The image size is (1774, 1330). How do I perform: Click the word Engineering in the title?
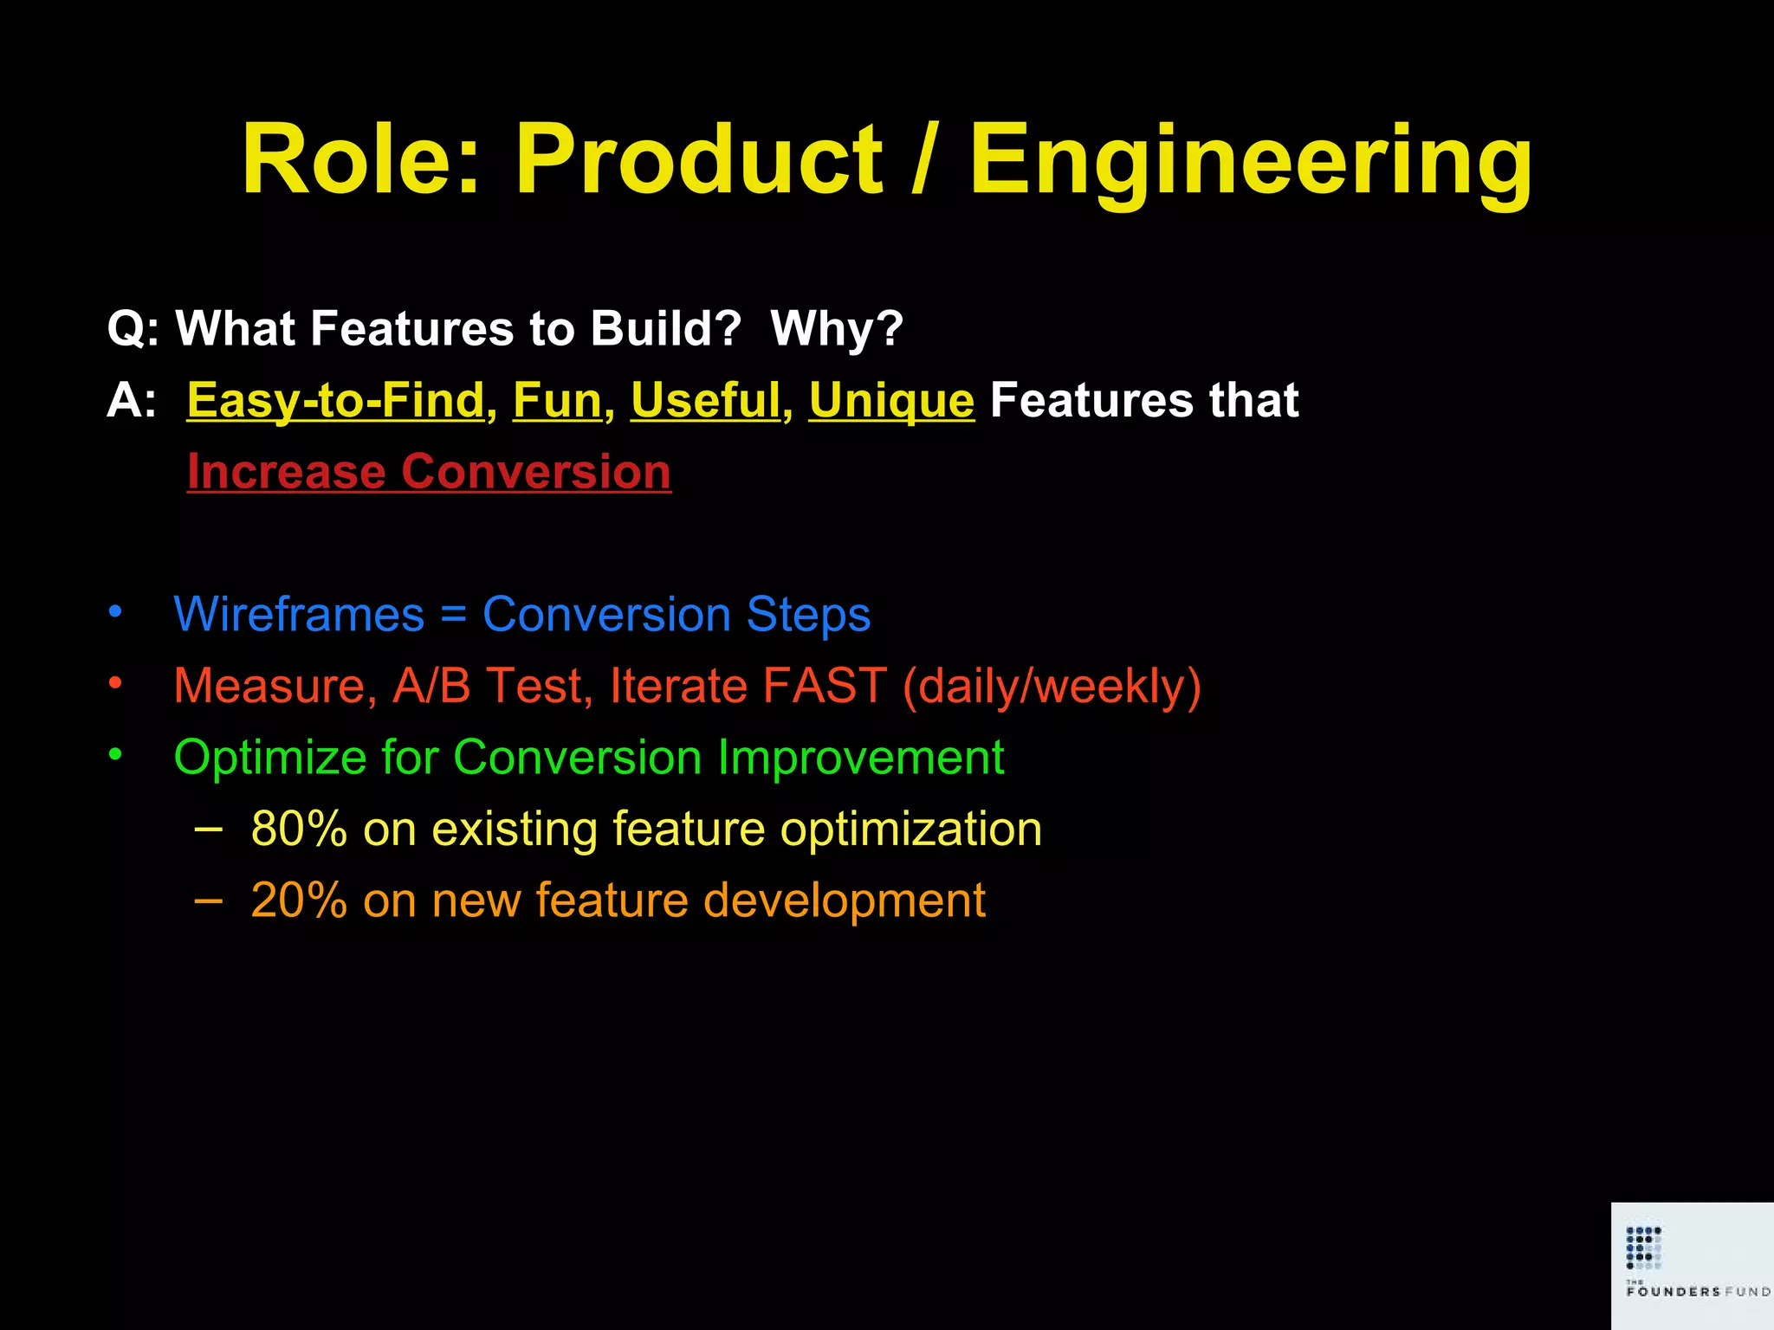1250,160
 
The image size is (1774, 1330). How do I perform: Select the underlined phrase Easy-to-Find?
335,401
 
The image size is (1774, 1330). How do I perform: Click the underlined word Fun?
557,401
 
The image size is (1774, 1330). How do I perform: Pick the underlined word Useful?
705,401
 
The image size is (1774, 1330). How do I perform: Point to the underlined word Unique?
891,401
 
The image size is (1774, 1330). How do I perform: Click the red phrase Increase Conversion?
429,472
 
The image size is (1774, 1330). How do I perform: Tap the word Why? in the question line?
837,329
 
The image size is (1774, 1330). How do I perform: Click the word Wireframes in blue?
299,615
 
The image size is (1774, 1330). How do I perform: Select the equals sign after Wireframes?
453,617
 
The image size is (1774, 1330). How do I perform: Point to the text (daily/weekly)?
1052,686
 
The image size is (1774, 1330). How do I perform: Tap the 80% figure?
299,829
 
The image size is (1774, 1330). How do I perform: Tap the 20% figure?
299,901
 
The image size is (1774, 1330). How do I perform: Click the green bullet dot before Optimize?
115,755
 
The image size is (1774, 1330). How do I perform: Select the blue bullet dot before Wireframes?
115,612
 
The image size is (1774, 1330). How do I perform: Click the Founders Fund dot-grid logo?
1643,1247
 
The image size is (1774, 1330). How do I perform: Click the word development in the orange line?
844,901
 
